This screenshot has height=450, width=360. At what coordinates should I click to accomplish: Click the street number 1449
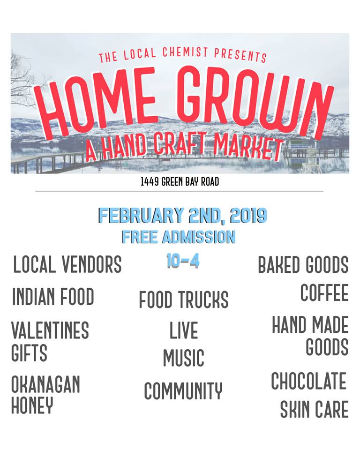(x=150, y=182)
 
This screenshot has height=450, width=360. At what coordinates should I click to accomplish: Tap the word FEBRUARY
(x=141, y=216)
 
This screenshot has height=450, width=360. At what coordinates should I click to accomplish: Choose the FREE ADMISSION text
(x=179, y=237)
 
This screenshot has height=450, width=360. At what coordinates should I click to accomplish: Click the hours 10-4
(x=183, y=261)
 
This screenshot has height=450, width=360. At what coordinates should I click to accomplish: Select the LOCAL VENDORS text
(x=67, y=264)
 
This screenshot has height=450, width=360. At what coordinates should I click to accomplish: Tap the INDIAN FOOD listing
(x=53, y=296)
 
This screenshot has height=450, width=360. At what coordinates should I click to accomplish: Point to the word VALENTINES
(x=50, y=330)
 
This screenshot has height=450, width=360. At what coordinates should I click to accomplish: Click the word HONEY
(x=32, y=405)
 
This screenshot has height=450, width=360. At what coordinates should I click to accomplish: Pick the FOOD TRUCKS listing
(x=184, y=300)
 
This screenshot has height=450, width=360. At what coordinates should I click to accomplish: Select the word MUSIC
(x=184, y=358)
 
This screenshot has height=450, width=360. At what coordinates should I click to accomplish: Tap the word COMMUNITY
(x=183, y=390)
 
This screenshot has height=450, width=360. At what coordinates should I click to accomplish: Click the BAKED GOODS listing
(x=303, y=264)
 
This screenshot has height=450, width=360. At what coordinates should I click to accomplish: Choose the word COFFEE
(x=324, y=292)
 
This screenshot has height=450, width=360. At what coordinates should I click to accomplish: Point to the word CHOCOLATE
(x=308, y=381)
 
